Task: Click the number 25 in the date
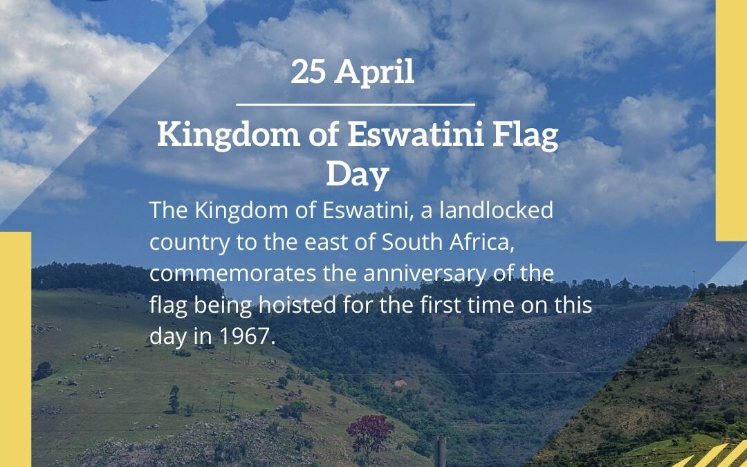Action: click(x=308, y=72)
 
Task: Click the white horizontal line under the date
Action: click(x=356, y=104)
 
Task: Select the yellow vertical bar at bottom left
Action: click(x=15, y=349)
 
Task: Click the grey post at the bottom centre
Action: click(x=441, y=451)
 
